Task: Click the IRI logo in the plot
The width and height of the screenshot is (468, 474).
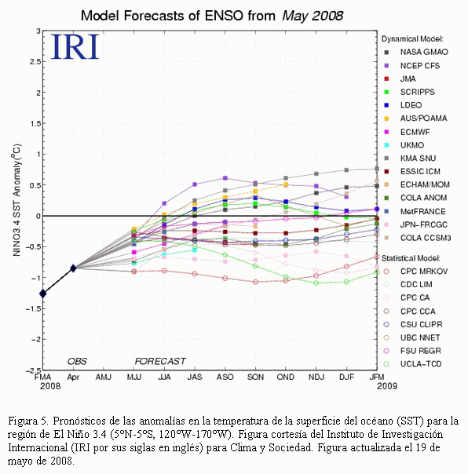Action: [75, 46]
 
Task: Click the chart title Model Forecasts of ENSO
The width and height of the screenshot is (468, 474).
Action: [162, 16]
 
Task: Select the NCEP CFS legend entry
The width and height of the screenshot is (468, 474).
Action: [412, 66]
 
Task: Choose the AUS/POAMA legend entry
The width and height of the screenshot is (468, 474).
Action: [415, 118]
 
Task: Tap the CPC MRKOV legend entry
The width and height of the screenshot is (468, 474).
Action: [415, 272]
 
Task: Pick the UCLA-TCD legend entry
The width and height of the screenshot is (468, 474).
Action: [412, 364]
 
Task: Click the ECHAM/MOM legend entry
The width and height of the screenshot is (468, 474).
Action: [417, 184]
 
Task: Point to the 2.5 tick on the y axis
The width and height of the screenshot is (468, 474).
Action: [35, 62]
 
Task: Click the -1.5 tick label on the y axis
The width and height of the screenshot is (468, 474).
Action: [33, 308]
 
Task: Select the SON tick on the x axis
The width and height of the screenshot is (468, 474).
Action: [255, 377]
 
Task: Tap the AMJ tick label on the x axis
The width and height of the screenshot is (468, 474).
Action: [104, 377]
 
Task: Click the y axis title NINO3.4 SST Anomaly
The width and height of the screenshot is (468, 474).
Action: [16, 200]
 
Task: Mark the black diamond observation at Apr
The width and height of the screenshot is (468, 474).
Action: [73, 268]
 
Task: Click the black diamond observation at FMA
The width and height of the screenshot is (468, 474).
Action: [43, 294]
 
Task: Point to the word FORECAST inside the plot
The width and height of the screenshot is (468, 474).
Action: [160, 361]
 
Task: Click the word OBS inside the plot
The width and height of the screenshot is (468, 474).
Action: [77, 361]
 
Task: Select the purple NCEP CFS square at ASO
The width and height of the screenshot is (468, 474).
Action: [225, 178]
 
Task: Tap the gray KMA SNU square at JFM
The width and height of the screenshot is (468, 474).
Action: [377, 169]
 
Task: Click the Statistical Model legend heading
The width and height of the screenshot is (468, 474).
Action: [411, 258]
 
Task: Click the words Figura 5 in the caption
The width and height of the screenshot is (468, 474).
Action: [27, 421]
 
